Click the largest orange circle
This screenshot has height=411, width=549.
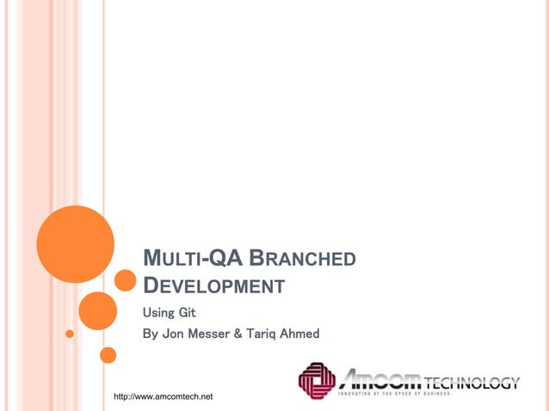76,243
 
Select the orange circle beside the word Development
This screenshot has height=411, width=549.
126,280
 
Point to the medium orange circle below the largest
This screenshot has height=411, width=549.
97,310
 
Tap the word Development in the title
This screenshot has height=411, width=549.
213,286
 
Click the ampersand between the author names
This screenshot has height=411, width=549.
250,333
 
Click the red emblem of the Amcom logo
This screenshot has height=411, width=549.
317,381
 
